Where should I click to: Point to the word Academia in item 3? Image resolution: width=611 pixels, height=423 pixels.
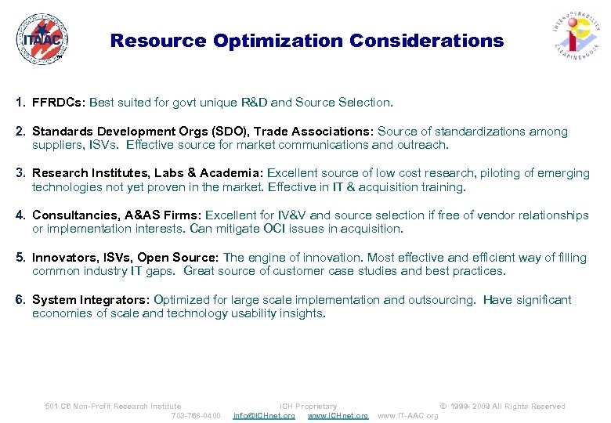[231, 173]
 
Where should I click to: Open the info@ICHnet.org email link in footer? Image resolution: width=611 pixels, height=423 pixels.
[264, 415]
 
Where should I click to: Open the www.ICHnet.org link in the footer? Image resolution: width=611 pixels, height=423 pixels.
[338, 415]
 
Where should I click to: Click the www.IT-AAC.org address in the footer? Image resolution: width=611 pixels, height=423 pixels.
[408, 415]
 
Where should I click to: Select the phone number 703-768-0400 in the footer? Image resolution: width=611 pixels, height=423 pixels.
[196, 415]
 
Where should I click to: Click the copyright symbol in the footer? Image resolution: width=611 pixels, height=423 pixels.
[443, 406]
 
